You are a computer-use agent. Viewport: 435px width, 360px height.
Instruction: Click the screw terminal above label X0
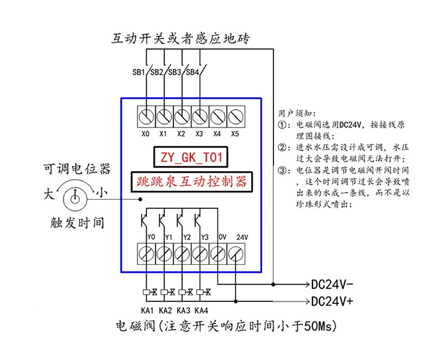point(146,116)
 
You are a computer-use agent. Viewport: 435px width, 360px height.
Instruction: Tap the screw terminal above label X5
point(235,116)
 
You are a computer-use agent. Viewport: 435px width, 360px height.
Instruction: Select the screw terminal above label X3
point(199,116)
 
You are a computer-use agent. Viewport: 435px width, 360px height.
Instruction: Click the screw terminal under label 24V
point(236,253)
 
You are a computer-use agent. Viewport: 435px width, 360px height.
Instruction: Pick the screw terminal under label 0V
point(218,253)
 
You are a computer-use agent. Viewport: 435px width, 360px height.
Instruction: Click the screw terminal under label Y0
point(146,253)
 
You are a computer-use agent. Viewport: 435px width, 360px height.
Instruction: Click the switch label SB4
point(193,72)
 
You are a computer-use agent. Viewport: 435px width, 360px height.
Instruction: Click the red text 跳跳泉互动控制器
point(190,182)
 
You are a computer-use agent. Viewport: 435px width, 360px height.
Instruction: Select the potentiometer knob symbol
point(74,198)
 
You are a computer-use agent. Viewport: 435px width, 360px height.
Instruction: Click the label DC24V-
point(332,285)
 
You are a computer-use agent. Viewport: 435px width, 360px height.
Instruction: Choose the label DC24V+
point(332,301)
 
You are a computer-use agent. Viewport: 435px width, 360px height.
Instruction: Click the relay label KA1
point(147,310)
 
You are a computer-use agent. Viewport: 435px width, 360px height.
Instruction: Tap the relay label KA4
point(201,310)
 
